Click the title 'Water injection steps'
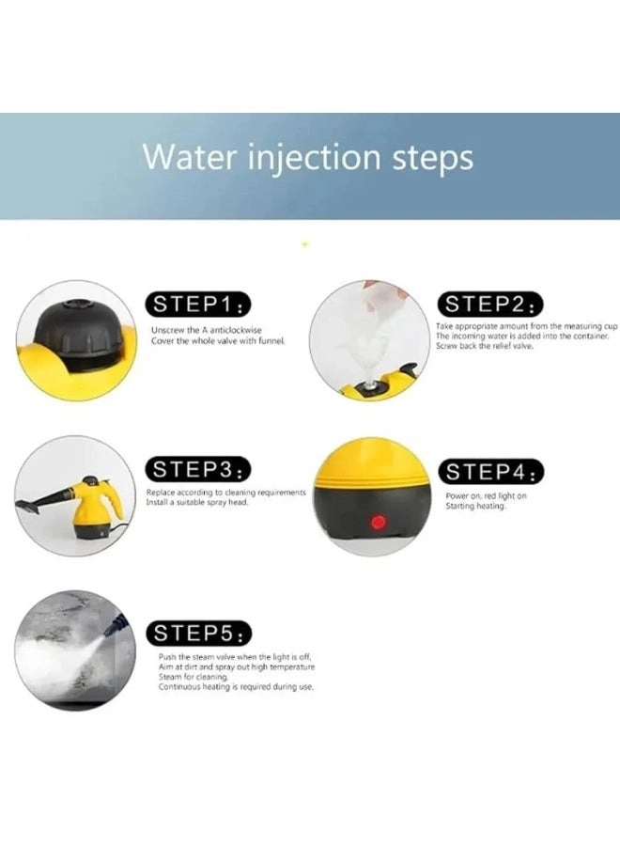point(308,157)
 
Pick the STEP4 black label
point(491,471)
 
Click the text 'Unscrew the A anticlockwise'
point(206,330)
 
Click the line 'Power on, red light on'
point(486,495)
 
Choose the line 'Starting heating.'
point(475,507)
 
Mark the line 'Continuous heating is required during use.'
point(236,687)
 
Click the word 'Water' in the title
point(185,157)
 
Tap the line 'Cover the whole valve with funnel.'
point(218,340)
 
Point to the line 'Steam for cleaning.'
point(194,677)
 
